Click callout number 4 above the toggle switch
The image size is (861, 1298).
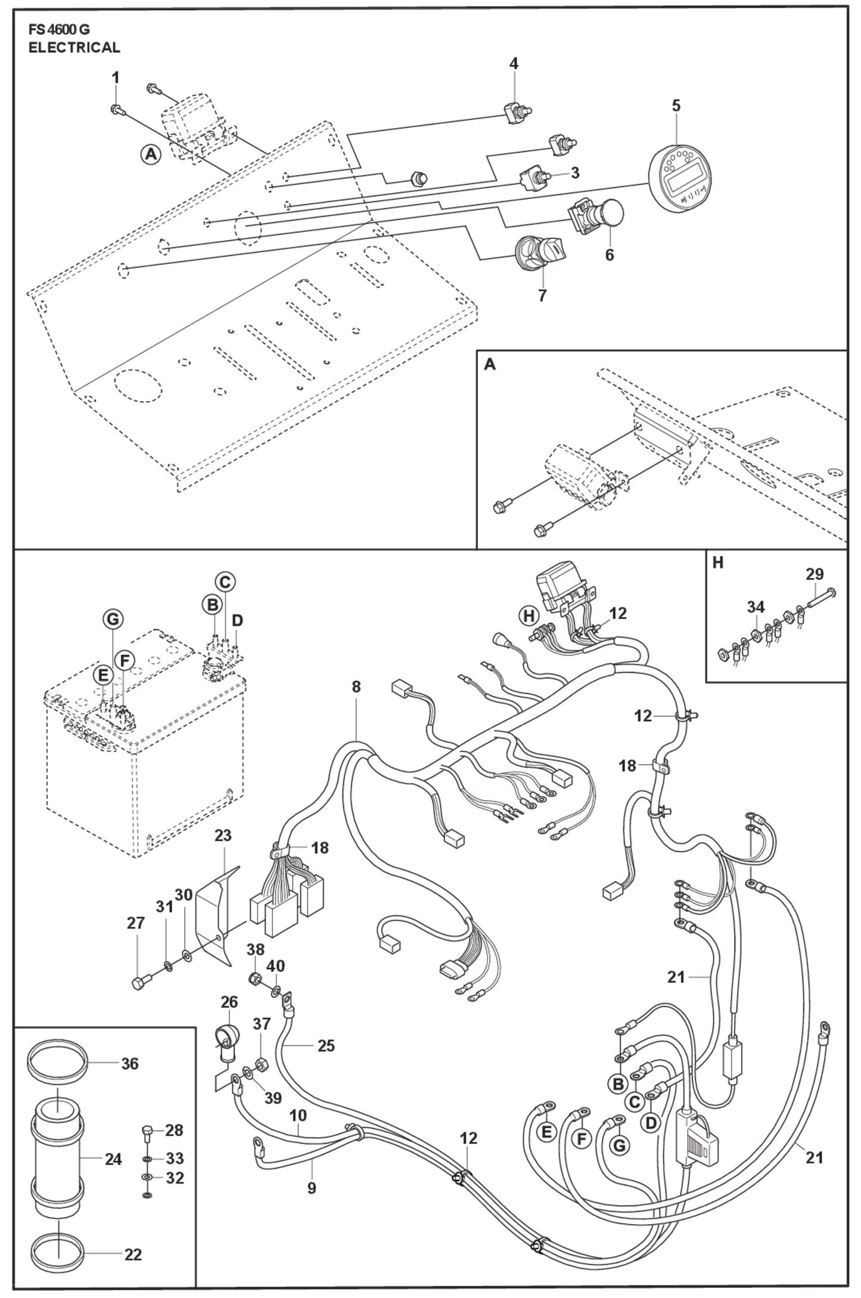514,63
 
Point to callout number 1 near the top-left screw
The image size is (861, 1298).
116,77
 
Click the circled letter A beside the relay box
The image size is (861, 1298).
151,154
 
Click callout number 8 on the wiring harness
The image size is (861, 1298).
356,687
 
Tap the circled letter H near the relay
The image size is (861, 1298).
528,616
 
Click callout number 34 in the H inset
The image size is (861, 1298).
756,607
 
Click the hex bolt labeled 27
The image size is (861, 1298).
139,984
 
